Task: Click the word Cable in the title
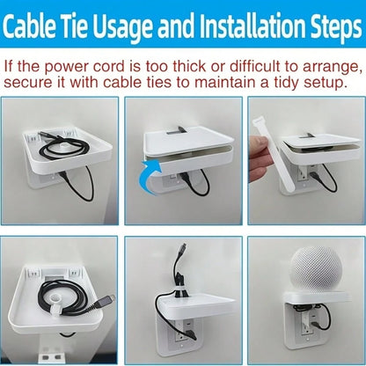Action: pos(29,26)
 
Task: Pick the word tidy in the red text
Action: pos(289,84)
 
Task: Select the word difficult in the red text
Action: pos(254,67)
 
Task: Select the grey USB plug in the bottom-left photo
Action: pos(104,302)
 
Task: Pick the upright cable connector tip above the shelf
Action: pos(184,247)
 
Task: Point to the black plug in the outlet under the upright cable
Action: pos(191,334)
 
